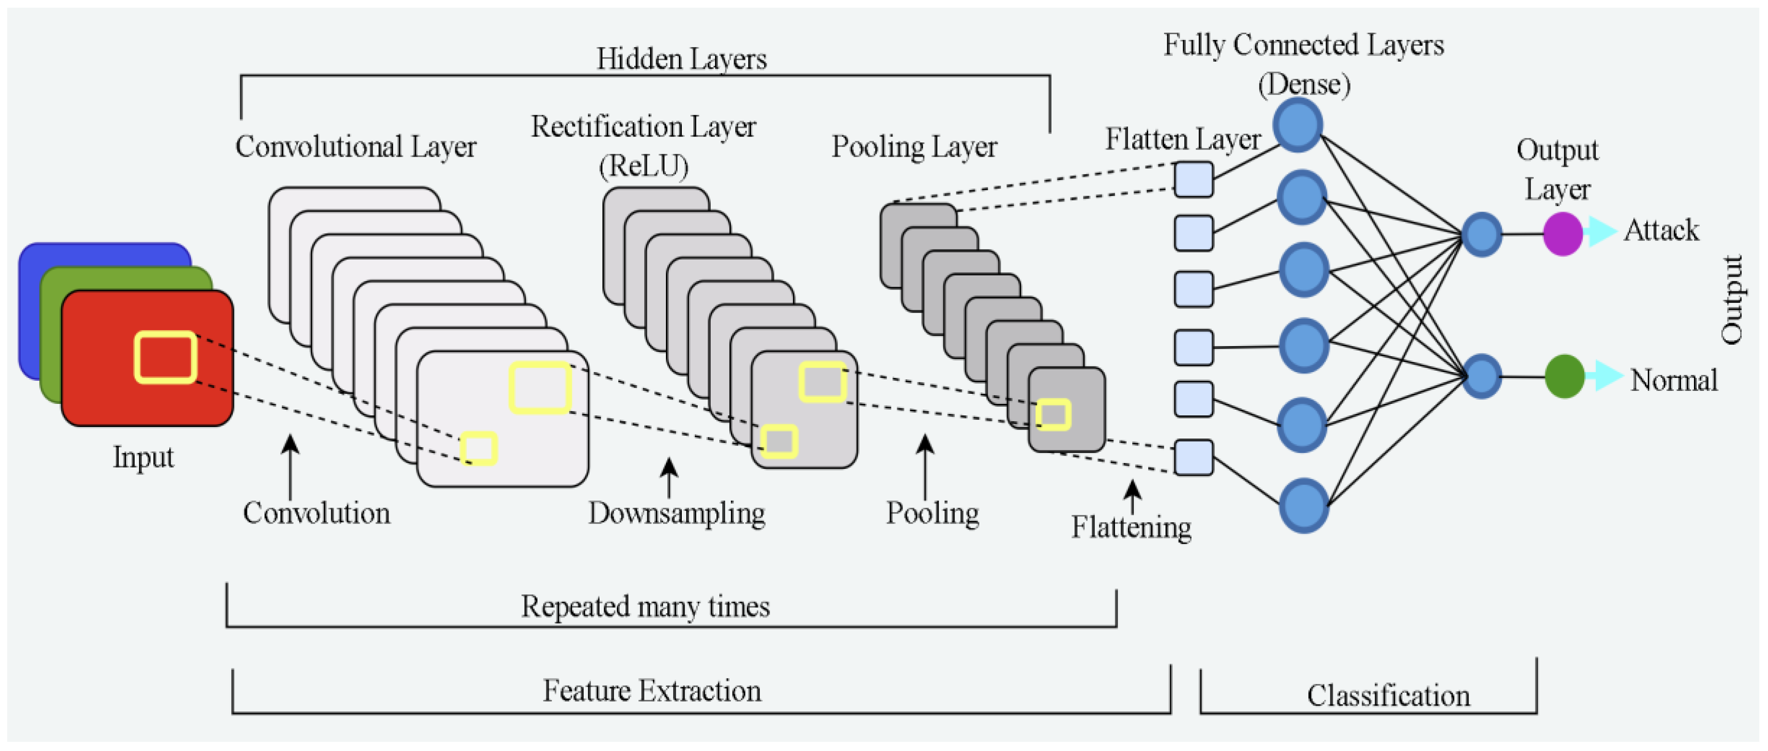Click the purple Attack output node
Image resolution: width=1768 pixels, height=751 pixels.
[x=1563, y=234]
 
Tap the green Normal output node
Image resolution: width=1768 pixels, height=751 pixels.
[x=1564, y=376]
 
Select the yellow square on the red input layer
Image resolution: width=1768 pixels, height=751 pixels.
[x=165, y=357]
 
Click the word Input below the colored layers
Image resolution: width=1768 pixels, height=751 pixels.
[x=143, y=457]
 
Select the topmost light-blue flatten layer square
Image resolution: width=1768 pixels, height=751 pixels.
[x=1193, y=179]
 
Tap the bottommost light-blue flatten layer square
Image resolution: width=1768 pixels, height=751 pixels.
[x=1193, y=457]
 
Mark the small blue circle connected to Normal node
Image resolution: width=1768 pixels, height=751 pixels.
[x=1481, y=376]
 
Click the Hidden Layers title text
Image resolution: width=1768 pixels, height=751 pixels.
[x=681, y=59]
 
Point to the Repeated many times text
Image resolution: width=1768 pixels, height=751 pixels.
[x=645, y=606]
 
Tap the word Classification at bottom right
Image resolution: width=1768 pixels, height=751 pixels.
[x=1388, y=695]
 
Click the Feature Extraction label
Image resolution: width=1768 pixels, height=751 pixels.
[x=652, y=690]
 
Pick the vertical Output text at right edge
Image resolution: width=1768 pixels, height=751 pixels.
[x=1731, y=300]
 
